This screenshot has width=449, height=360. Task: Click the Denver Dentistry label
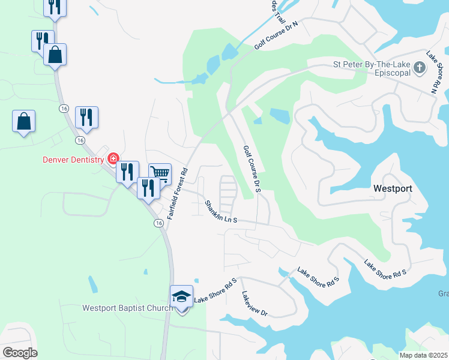click(x=73, y=160)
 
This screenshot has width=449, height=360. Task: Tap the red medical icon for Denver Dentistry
click(x=112, y=159)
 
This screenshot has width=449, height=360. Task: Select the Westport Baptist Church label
click(x=127, y=308)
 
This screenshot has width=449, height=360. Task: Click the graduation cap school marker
click(x=181, y=296)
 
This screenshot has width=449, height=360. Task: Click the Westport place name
click(x=393, y=188)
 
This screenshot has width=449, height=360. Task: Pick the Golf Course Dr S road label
click(x=253, y=169)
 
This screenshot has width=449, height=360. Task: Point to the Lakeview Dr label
click(x=254, y=304)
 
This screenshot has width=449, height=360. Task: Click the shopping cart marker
click(x=160, y=173)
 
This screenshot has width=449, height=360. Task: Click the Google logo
click(x=20, y=353)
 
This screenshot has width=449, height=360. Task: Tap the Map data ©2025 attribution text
click(x=424, y=355)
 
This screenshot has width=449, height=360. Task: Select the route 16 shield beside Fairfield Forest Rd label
click(x=158, y=223)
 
